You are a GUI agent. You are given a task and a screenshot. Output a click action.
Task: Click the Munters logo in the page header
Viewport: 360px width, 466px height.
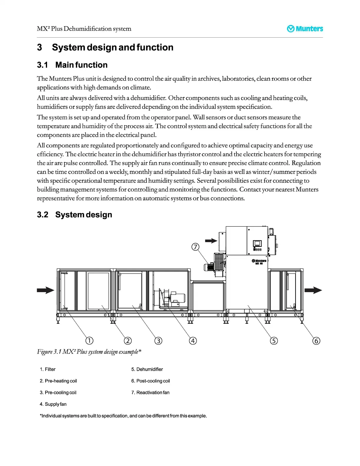point(305,29)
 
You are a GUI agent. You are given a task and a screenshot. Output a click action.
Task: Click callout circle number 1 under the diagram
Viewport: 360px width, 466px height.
point(89,341)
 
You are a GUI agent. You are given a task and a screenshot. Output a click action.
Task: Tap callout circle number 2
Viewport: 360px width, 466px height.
point(128,341)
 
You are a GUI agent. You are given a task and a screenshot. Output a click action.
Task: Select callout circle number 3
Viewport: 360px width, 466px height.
point(158,341)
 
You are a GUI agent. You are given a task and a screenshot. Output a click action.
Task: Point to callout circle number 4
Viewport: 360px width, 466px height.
point(193,341)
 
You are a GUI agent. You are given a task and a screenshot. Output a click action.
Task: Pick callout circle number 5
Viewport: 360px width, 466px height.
point(274,341)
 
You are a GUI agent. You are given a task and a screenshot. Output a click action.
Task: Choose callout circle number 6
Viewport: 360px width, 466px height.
point(316,341)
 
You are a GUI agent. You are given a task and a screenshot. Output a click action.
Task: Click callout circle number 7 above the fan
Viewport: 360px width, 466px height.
point(195,247)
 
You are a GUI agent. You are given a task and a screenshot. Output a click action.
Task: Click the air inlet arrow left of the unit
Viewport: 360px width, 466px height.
point(46,290)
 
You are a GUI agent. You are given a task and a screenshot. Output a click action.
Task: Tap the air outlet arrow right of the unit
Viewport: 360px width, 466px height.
point(313,290)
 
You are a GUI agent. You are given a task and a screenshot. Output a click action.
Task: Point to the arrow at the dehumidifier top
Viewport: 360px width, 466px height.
point(211,241)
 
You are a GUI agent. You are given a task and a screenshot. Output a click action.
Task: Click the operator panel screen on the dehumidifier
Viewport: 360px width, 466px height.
point(257,244)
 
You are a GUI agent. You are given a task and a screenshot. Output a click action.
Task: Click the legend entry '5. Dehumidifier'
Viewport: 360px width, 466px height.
point(147,369)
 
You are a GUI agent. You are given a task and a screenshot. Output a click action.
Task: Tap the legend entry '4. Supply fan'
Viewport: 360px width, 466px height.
point(53,404)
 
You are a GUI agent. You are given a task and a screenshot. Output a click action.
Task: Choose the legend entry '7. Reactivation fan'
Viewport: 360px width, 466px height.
point(150,392)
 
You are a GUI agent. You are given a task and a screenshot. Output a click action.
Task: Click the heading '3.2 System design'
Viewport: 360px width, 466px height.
point(75,215)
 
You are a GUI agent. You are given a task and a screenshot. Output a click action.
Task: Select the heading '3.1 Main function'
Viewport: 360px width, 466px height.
point(72,65)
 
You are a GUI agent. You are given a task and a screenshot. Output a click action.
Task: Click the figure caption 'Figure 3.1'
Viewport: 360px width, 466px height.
point(89,352)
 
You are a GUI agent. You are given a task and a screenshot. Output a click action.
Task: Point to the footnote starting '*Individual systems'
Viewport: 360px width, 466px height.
point(123,416)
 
